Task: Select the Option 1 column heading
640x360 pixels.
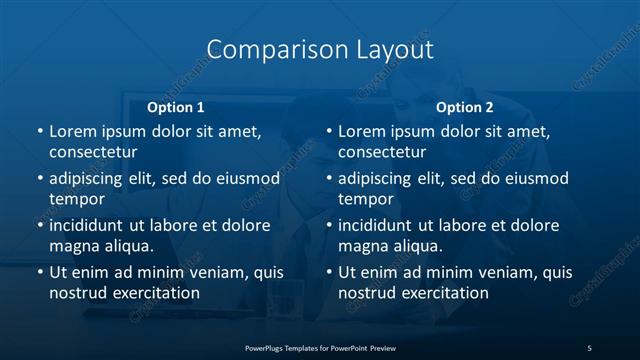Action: (x=175, y=107)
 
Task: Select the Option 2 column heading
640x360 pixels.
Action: (x=465, y=107)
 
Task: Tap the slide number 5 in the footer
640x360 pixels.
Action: (x=589, y=347)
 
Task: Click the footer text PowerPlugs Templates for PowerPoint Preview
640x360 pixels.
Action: (x=320, y=347)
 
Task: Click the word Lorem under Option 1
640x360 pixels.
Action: (x=74, y=131)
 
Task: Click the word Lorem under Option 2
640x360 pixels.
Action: (x=363, y=131)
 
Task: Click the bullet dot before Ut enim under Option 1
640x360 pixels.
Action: (x=39, y=272)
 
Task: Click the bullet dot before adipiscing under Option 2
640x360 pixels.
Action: (x=328, y=178)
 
